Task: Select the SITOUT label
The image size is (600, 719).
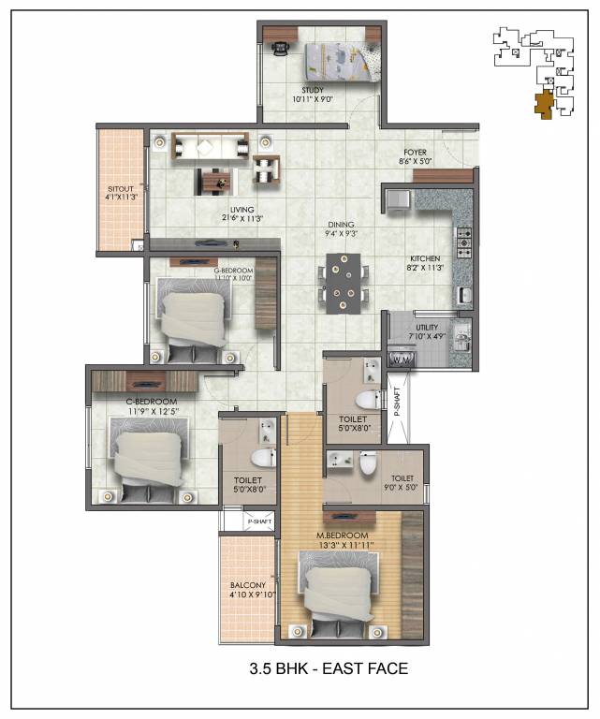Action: point(123,193)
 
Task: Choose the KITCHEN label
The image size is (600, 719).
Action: point(425,259)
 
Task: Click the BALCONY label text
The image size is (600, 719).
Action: point(248,589)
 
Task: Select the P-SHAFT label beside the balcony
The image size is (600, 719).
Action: point(257,521)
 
